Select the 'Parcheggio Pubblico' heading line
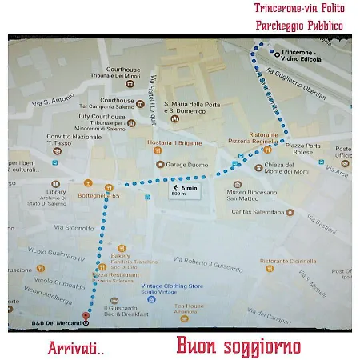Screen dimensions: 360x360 tap(299, 26)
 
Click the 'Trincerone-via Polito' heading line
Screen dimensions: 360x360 tap(294, 8)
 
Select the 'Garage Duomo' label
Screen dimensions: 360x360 tap(186, 165)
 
